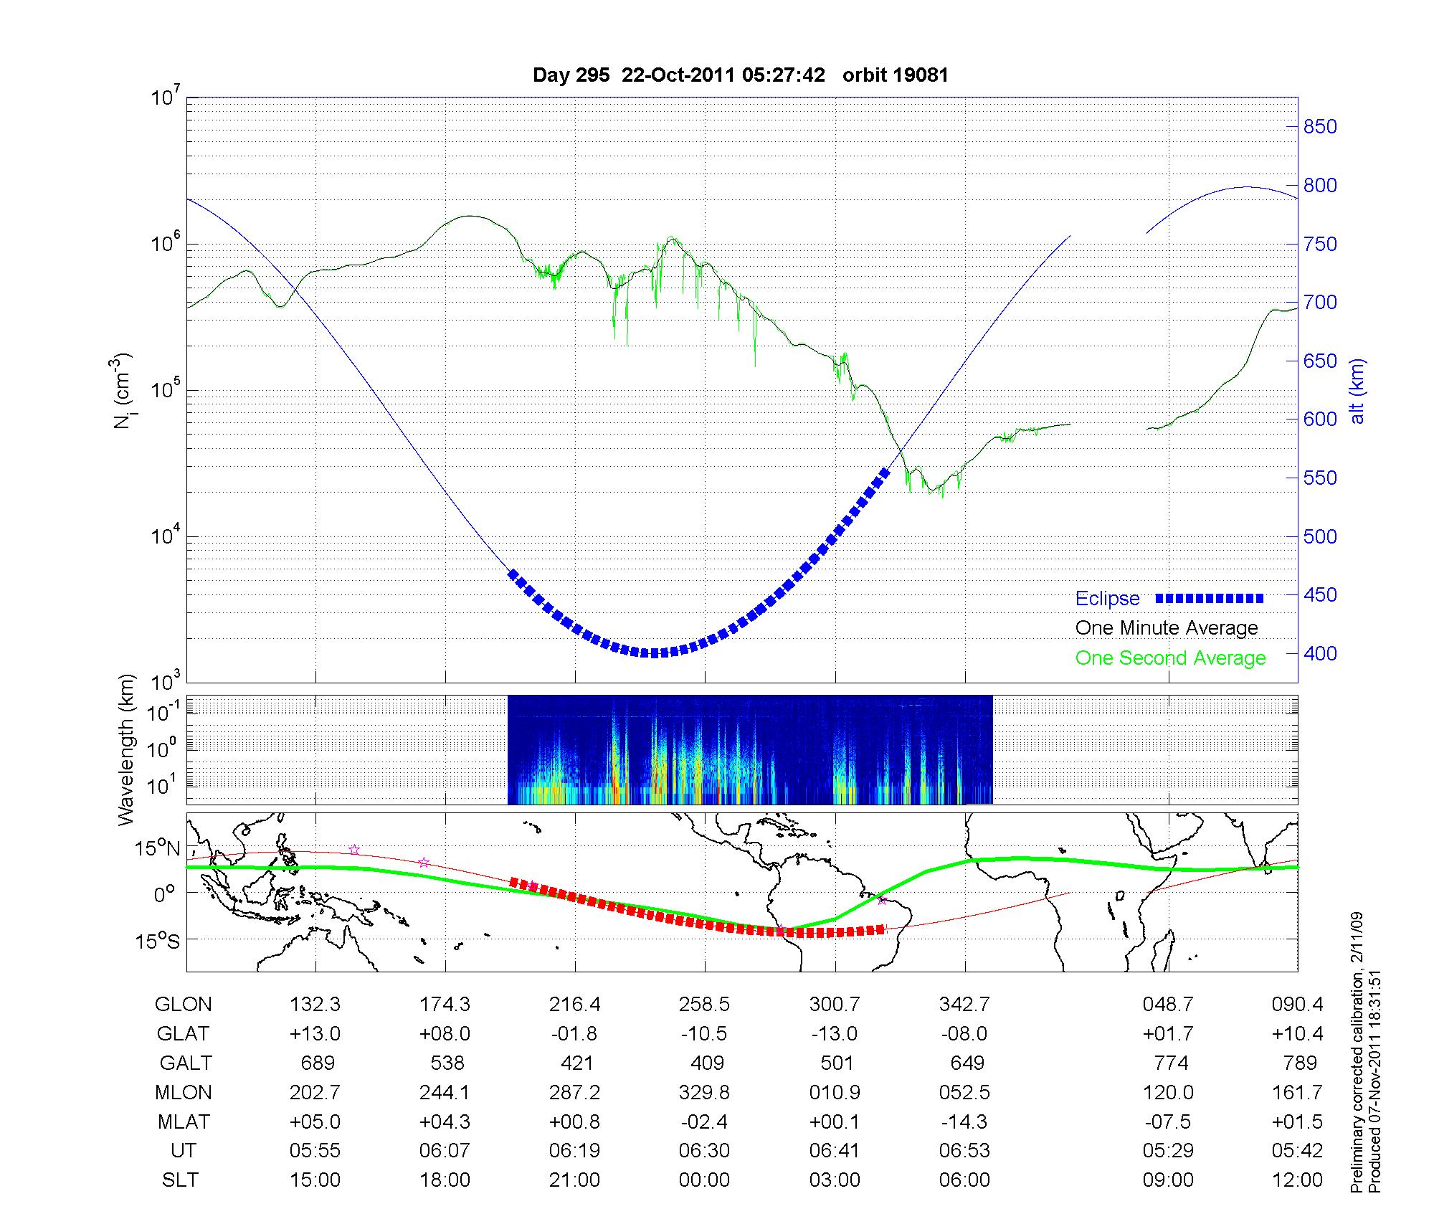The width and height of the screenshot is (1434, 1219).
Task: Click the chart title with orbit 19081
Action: (x=741, y=75)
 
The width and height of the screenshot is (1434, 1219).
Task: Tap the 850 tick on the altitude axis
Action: (x=1320, y=127)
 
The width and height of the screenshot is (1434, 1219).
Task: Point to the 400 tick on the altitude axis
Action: (x=1320, y=653)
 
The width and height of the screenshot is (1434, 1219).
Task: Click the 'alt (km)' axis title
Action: (x=1357, y=391)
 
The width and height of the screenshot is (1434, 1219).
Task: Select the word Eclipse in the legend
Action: (x=1107, y=599)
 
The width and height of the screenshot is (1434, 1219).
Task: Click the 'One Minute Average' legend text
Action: (x=1167, y=628)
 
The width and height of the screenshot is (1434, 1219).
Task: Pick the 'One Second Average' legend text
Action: (x=1170, y=658)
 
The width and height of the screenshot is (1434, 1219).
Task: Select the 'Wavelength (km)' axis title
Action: (x=127, y=749)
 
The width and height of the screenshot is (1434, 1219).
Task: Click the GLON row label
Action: (x=184, y=1005)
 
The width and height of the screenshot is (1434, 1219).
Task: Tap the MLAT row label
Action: (x=184, y=1121)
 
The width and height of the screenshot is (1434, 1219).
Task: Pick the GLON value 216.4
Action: (x=574, y=1005)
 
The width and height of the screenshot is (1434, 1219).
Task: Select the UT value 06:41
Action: (x=835, y=1151)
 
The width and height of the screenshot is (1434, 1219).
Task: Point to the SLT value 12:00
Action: (x=1297, y=1180)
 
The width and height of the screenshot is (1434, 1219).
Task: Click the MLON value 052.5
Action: (x=964, y=1092)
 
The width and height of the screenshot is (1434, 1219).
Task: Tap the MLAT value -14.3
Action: (x=964, y=1121)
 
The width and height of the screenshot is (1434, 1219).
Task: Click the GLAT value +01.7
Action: (x=1168, y=1033)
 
